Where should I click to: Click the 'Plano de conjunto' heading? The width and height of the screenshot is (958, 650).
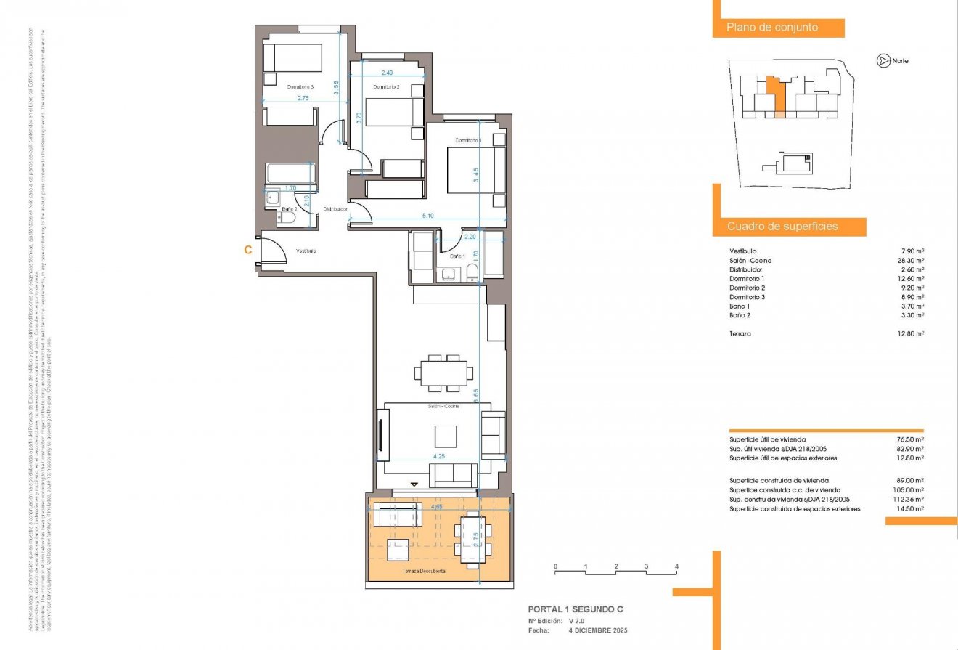(x=772, y=28)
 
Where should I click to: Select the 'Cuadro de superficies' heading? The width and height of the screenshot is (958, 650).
(x=782, y=227)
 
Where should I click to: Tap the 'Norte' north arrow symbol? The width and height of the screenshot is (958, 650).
(x=883, y=61)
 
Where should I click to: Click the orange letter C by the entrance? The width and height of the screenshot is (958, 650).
(x=248, y=250)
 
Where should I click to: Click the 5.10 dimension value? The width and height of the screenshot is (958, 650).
(x=428, y=216)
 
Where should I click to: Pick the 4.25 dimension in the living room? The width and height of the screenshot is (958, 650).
(x=438, y=456)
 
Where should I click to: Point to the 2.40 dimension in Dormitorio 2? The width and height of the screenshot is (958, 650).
(x=387, y=73)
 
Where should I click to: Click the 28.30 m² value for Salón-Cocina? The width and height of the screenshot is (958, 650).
(x=910, y=260)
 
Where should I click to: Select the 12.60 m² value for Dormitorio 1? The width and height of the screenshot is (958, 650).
(x=910, y=279)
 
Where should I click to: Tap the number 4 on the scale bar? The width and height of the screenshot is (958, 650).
(x=676, y=566)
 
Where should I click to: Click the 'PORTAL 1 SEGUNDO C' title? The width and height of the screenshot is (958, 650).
(x=576, y=610)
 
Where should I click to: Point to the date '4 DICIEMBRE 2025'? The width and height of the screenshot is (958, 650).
(x=598, y=630)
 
